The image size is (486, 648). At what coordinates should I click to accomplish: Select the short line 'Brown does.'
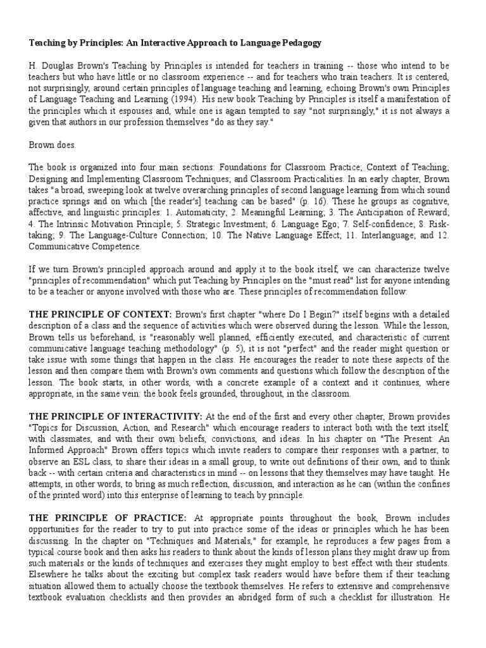pos(52,145)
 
